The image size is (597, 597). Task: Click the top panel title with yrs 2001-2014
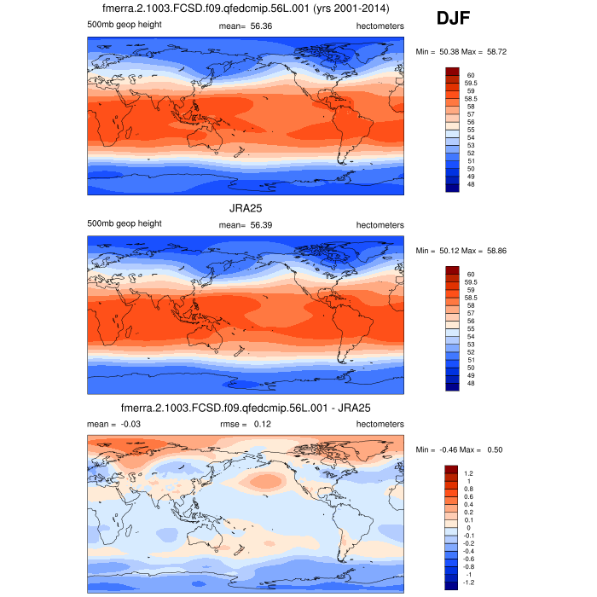coord(246,9)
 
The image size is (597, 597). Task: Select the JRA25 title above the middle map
coord(246,208)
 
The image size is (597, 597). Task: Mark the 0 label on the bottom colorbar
coord(468,528)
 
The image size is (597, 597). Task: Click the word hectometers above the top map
coord(380,26)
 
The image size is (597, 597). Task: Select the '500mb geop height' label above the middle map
coord(125,223)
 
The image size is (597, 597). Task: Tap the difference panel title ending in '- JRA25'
coord(246,408)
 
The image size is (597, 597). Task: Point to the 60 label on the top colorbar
coord(470,75)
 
